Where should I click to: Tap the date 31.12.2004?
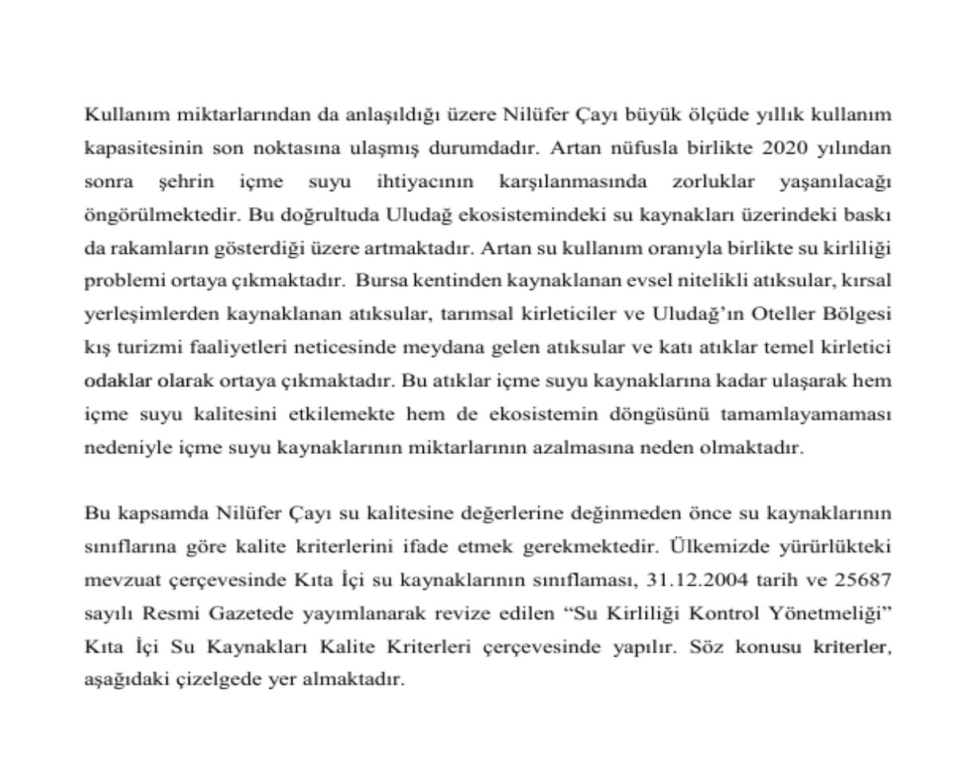[697, 580]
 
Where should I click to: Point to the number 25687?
[862, 580]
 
